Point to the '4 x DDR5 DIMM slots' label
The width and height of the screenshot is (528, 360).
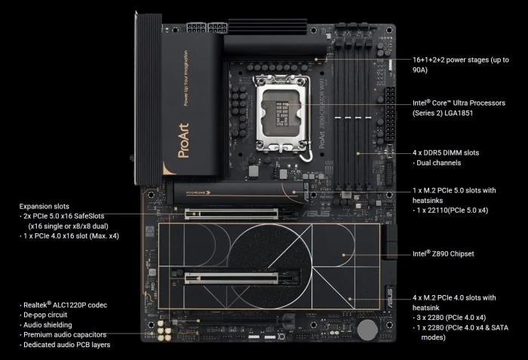point(446,152)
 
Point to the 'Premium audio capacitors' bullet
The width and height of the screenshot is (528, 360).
point(64,334)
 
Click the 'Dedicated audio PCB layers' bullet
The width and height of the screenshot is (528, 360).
point(68,344)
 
